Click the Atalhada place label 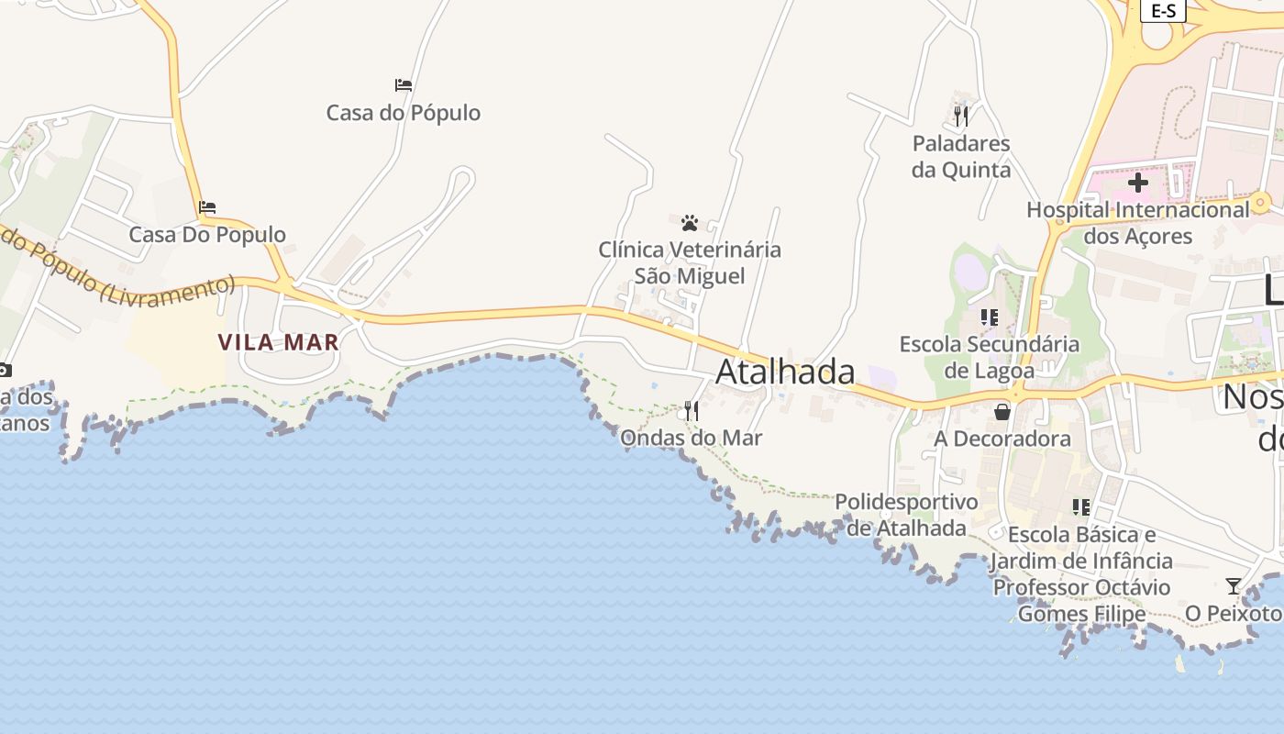(785, 372)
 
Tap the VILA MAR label (278, 342)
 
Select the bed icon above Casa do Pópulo (404, 85)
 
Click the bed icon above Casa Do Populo (207, 207)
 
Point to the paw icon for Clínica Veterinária (690, 222)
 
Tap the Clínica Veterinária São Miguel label (690, 262)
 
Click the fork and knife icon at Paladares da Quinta (961, 117)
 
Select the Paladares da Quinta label (961, 157)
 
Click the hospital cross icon (1138, 183)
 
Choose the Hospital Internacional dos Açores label (1138, 223)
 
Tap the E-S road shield (1163, 10)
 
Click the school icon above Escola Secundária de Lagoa (989, 317)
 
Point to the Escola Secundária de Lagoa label (989, 358)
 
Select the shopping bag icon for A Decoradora (1002, 412)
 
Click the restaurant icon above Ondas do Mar (692, 411)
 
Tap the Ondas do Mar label (691, 438)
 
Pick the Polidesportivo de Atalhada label (906, 515)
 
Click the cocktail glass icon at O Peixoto (1234, 585)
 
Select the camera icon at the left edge (5, 371)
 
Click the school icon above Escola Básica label (1081, 507)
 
